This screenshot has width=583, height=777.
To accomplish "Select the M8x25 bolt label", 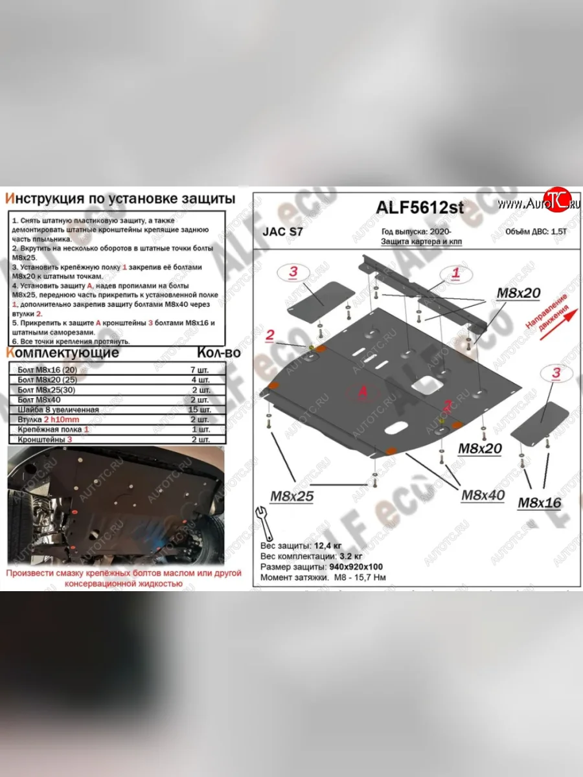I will pyautogui.click(x=291, y=497).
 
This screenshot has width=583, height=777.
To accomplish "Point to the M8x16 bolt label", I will pyautogui.click(x=540, y=502).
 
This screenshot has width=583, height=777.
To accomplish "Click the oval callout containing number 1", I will pyautogui.click(x=456, y=274).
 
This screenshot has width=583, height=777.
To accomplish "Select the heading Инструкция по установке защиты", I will pyautogui.click(x=120, y=197).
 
